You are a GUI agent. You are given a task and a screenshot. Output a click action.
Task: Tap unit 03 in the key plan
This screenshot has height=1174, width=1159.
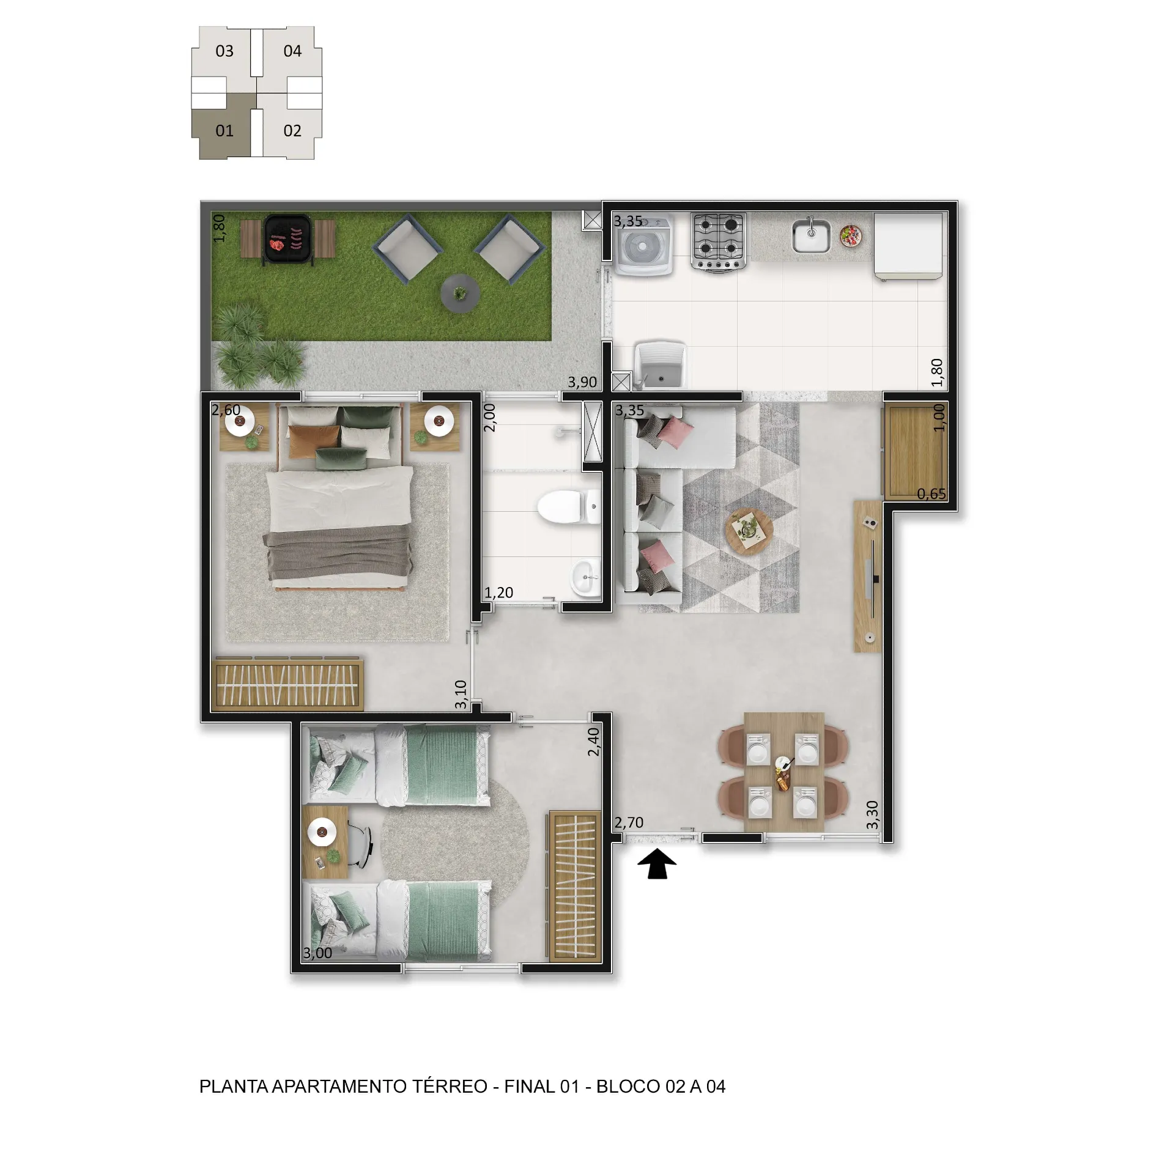click(224, 51)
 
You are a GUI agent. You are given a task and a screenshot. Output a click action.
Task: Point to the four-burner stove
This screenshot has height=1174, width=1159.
click(719, 241)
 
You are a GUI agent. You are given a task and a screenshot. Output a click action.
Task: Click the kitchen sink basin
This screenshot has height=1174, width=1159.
click(811, 236)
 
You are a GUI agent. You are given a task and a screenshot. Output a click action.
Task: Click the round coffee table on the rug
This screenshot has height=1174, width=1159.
click(749, 527)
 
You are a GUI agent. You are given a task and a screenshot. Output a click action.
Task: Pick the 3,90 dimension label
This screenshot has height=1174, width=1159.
click(582, 382)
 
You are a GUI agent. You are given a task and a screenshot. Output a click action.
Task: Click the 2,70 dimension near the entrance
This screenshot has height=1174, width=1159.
click(629, 822)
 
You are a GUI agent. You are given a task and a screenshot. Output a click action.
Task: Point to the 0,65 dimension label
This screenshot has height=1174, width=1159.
click(931, 493)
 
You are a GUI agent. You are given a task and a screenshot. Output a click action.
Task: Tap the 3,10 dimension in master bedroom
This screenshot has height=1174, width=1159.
click(461, 695)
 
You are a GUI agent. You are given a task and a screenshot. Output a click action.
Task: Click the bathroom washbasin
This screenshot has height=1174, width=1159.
click(585, 577)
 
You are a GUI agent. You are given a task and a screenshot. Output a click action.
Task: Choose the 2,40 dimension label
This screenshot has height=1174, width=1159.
click(593, 742)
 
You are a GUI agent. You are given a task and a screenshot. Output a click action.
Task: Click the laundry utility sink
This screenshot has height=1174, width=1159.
click(660, 366)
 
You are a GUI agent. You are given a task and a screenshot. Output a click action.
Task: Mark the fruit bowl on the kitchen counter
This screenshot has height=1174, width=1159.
click(851, 235)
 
